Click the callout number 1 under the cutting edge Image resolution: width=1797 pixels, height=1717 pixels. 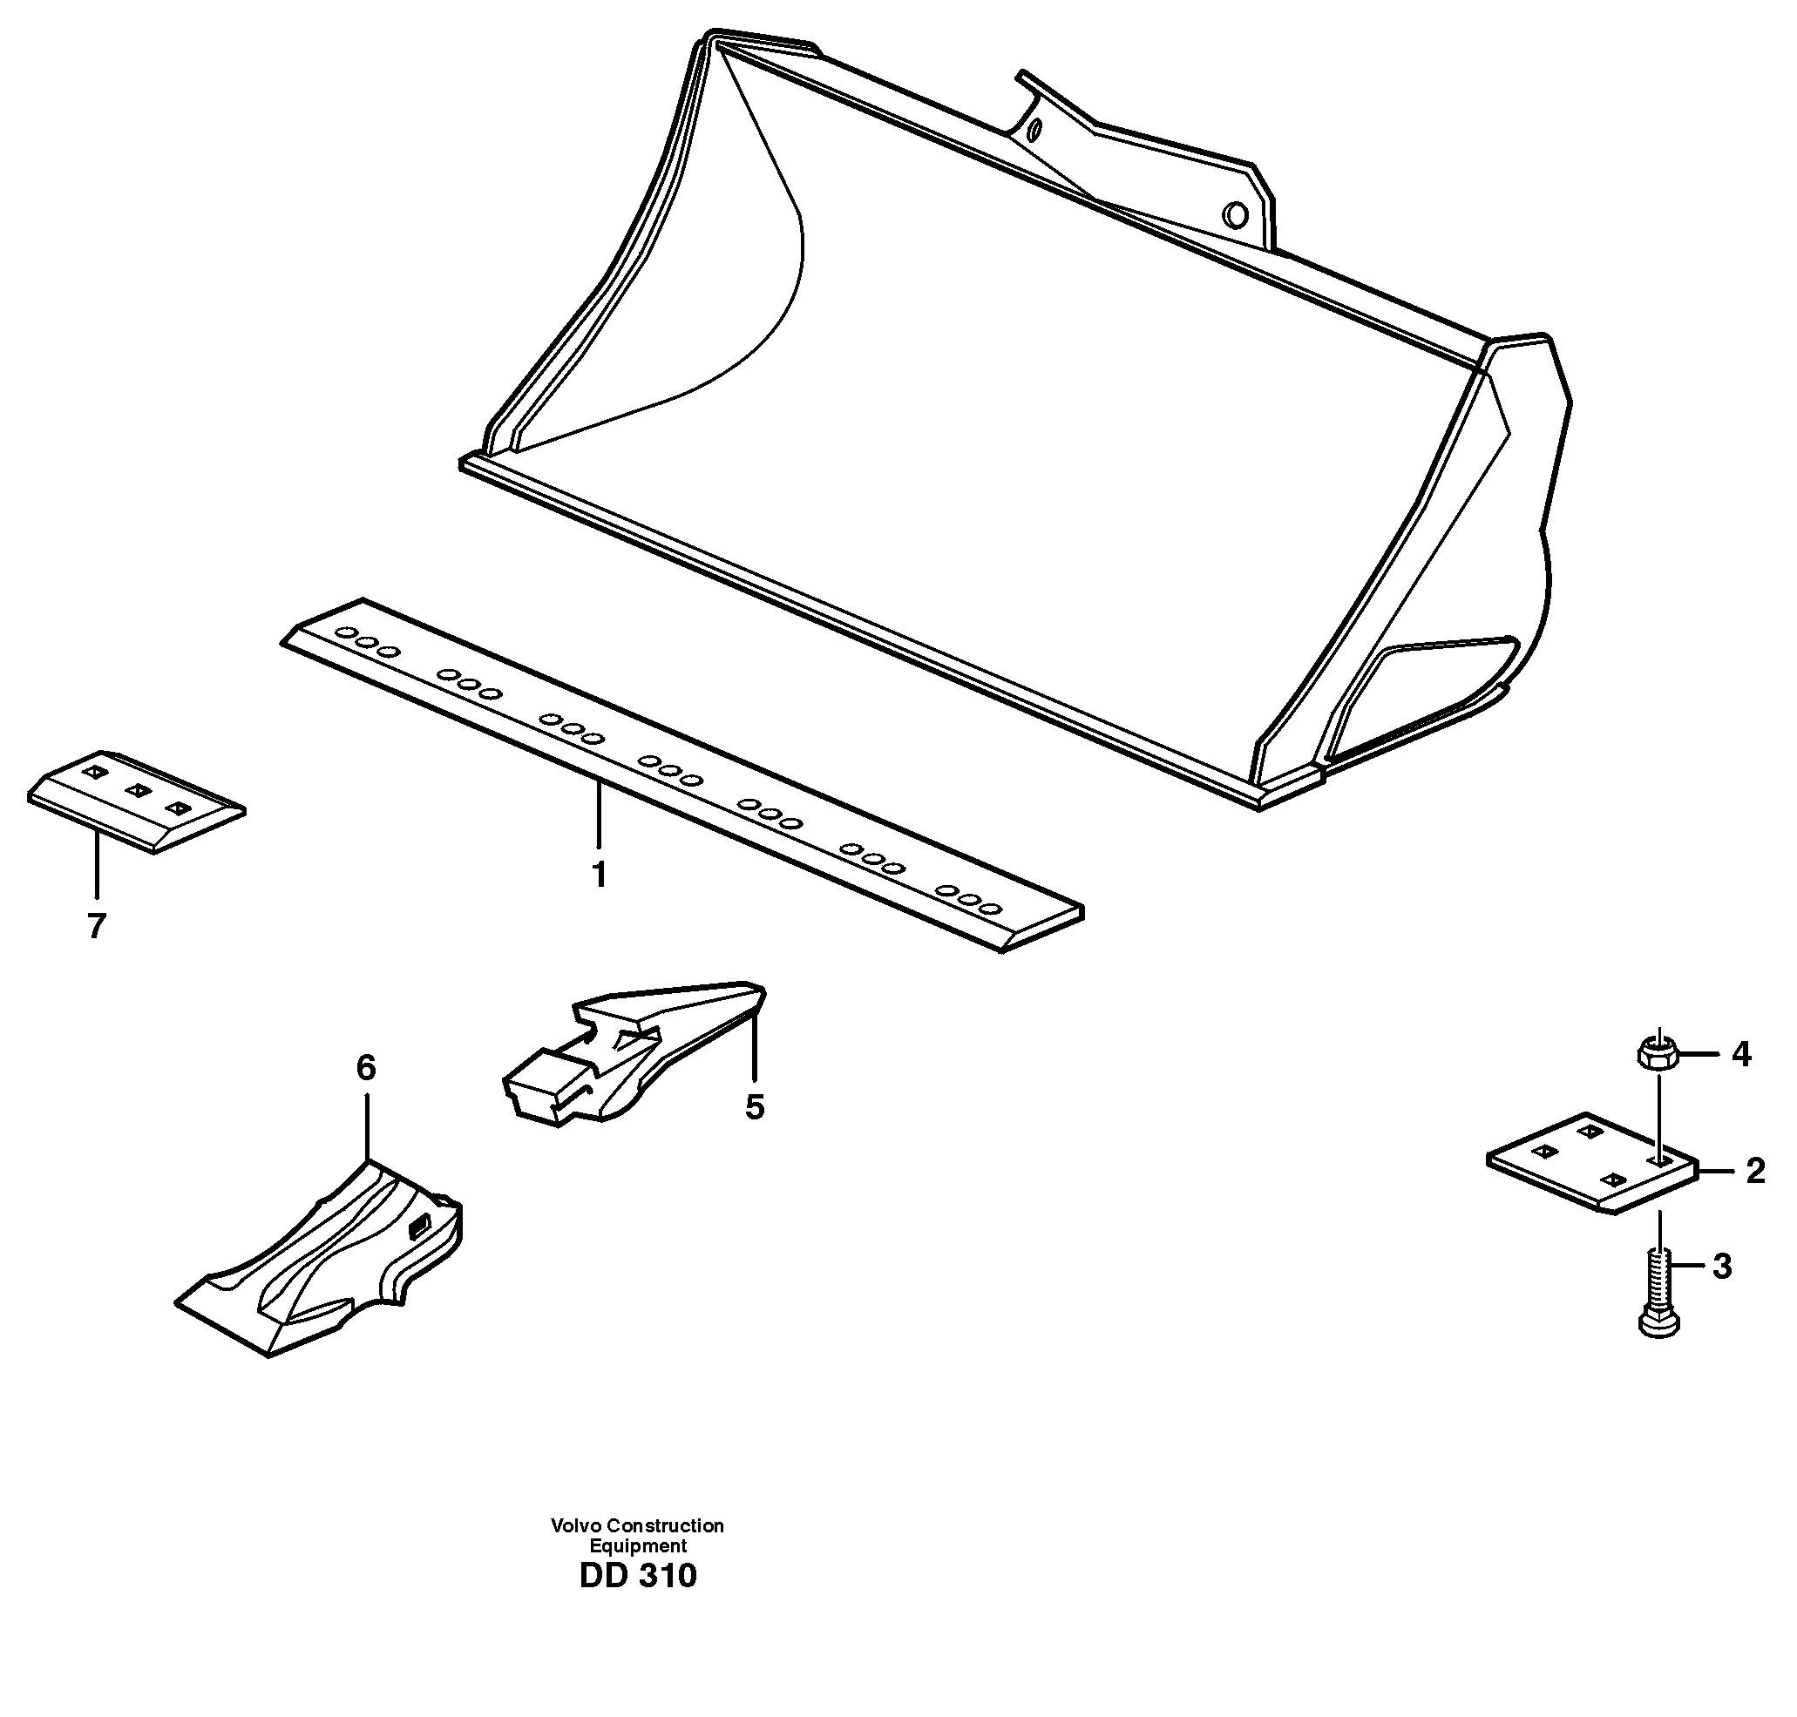(599, 875)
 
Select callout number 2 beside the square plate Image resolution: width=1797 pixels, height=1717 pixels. (1755, 1171)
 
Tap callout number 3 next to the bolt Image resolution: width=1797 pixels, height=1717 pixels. (1722, 1267)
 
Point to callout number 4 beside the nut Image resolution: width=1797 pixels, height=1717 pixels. (1740, 1054)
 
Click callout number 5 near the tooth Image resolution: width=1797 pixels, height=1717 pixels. (754, 1107)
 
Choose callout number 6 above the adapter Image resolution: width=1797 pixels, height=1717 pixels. (365, 1067)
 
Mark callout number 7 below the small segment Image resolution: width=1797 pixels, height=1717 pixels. (96, 926)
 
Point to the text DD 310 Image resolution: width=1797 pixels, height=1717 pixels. (638, 1575)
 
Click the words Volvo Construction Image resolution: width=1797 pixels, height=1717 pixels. (637, 1525)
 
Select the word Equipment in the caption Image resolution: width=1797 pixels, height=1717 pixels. (637, 1546)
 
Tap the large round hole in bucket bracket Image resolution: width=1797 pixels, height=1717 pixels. (1235, 216)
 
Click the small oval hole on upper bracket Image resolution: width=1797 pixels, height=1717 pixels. (1034, 130)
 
